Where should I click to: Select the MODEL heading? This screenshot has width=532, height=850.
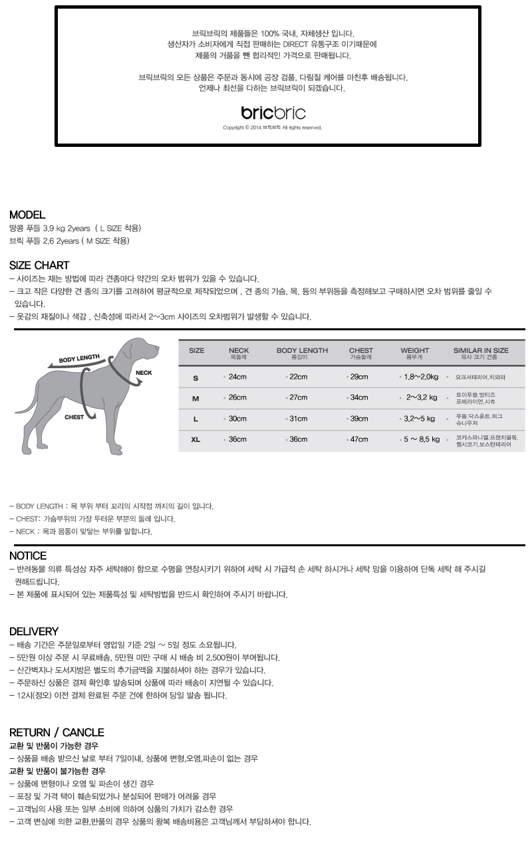(27, 215)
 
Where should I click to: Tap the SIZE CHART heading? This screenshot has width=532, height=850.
(39, 265)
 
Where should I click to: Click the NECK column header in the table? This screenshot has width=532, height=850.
(239, 351)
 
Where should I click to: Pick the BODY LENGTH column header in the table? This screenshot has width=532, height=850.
(302, 351)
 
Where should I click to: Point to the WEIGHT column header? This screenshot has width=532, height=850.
(414, 351)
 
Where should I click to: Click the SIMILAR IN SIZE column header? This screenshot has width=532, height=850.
(481, 351)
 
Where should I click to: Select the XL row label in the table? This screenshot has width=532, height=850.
(196, 439)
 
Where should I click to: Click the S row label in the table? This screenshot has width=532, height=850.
(196, 378)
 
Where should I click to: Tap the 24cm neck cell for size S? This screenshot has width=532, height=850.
(237, 377)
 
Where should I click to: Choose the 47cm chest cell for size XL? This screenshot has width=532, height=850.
(359, 439)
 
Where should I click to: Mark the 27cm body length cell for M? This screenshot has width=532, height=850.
(298, 397)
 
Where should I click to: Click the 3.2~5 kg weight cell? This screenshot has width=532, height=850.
(419, 419)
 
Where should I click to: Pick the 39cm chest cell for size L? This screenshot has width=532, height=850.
(359, 419)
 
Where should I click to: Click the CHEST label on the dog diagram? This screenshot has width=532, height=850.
(74, 418)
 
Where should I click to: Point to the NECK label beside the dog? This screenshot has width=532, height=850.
(144, 373)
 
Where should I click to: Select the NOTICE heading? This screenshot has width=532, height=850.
(28, 556)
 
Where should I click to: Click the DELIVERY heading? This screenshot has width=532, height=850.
(34, 631)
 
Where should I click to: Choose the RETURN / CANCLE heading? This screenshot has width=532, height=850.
(57, 732)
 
